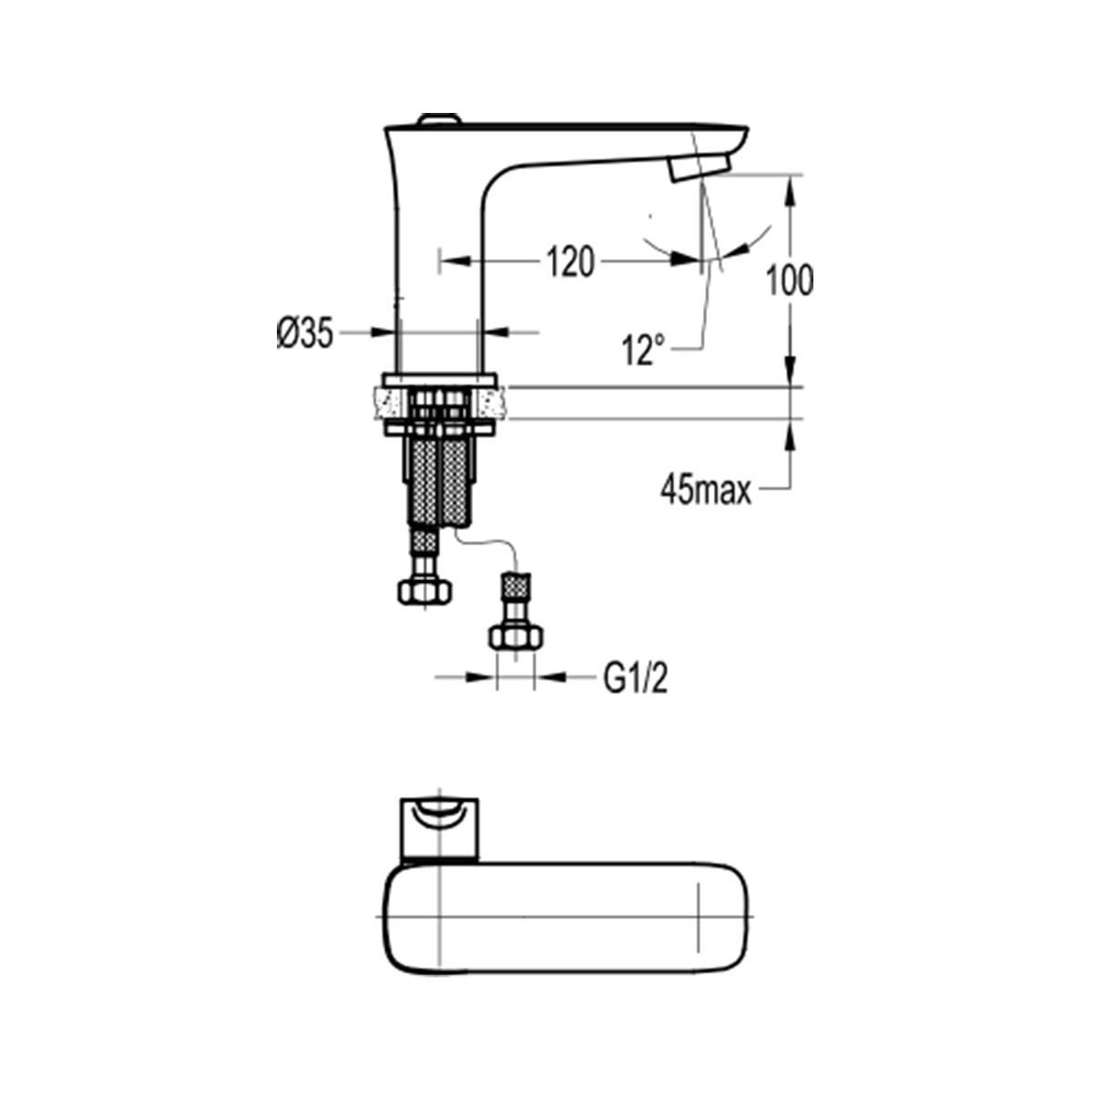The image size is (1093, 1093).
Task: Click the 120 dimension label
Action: [570, 262]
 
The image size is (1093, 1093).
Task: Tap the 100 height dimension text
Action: [790, 281]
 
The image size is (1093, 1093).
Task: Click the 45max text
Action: [706, 491]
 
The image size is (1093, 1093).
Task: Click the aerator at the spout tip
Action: [700, 169]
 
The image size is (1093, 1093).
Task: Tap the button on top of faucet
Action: [438, 118]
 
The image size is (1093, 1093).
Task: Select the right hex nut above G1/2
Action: [516, 637]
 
